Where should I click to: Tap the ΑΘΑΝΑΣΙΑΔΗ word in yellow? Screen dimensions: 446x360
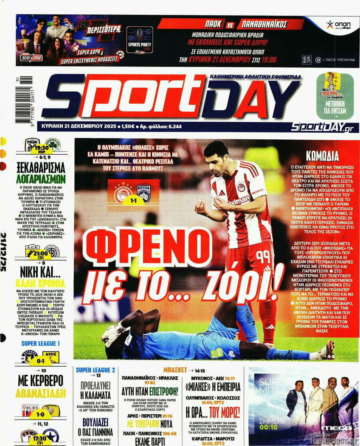tap(40, 394)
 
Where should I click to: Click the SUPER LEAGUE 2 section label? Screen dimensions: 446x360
tap(96, 370)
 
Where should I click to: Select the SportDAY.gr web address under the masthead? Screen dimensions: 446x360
tap(322, 127)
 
